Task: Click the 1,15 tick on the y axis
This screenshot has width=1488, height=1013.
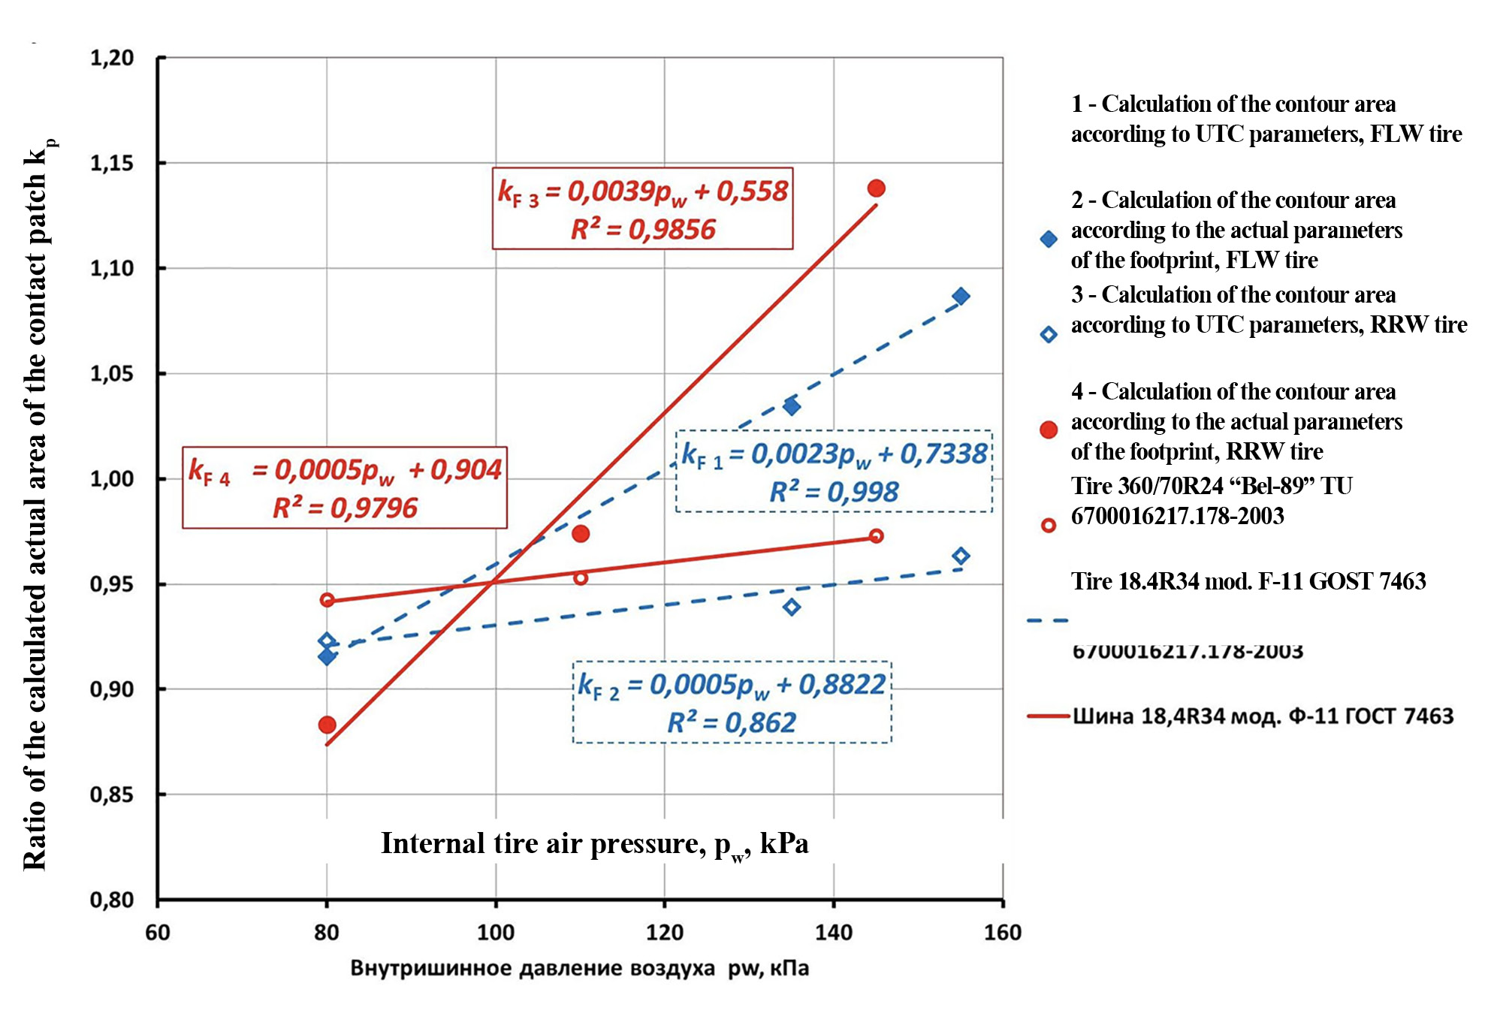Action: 112,163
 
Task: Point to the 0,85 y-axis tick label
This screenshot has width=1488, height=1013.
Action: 112,794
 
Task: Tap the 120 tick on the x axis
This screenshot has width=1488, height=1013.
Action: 664,933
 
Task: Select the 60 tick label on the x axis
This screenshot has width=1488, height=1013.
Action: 158,933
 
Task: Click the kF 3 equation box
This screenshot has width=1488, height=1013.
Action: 642,208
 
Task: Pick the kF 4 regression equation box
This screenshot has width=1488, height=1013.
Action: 345,487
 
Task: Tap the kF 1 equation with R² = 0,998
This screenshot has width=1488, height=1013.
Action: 834,471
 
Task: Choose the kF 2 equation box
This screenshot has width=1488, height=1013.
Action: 732,702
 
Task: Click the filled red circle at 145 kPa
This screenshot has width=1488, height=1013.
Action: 876,188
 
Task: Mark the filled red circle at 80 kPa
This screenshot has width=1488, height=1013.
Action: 327,725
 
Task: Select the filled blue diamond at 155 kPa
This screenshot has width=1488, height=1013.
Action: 961,297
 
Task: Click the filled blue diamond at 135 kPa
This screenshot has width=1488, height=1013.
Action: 792,406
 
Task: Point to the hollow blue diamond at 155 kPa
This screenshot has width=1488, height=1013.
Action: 961,556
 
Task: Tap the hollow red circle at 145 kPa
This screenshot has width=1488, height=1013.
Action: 876,536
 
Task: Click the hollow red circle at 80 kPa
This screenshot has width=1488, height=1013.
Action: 327,600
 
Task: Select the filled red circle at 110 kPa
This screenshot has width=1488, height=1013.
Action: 581,534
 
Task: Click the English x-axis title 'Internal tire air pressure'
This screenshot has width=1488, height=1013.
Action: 594,844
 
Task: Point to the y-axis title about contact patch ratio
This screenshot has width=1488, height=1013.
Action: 37,503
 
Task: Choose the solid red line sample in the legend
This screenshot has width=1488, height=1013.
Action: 1048,716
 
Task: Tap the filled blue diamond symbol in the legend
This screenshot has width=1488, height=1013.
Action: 1049,240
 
